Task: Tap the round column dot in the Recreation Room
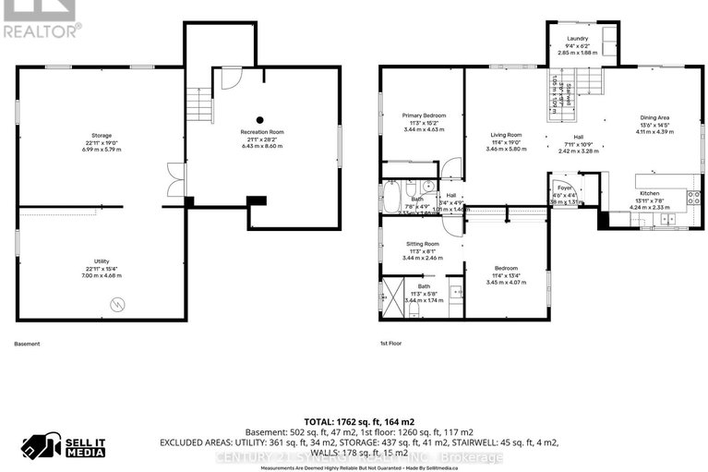[x=261, y=119]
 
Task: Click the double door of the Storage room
[x=173, y=179]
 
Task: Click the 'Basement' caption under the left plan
[x=28, y=344]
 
